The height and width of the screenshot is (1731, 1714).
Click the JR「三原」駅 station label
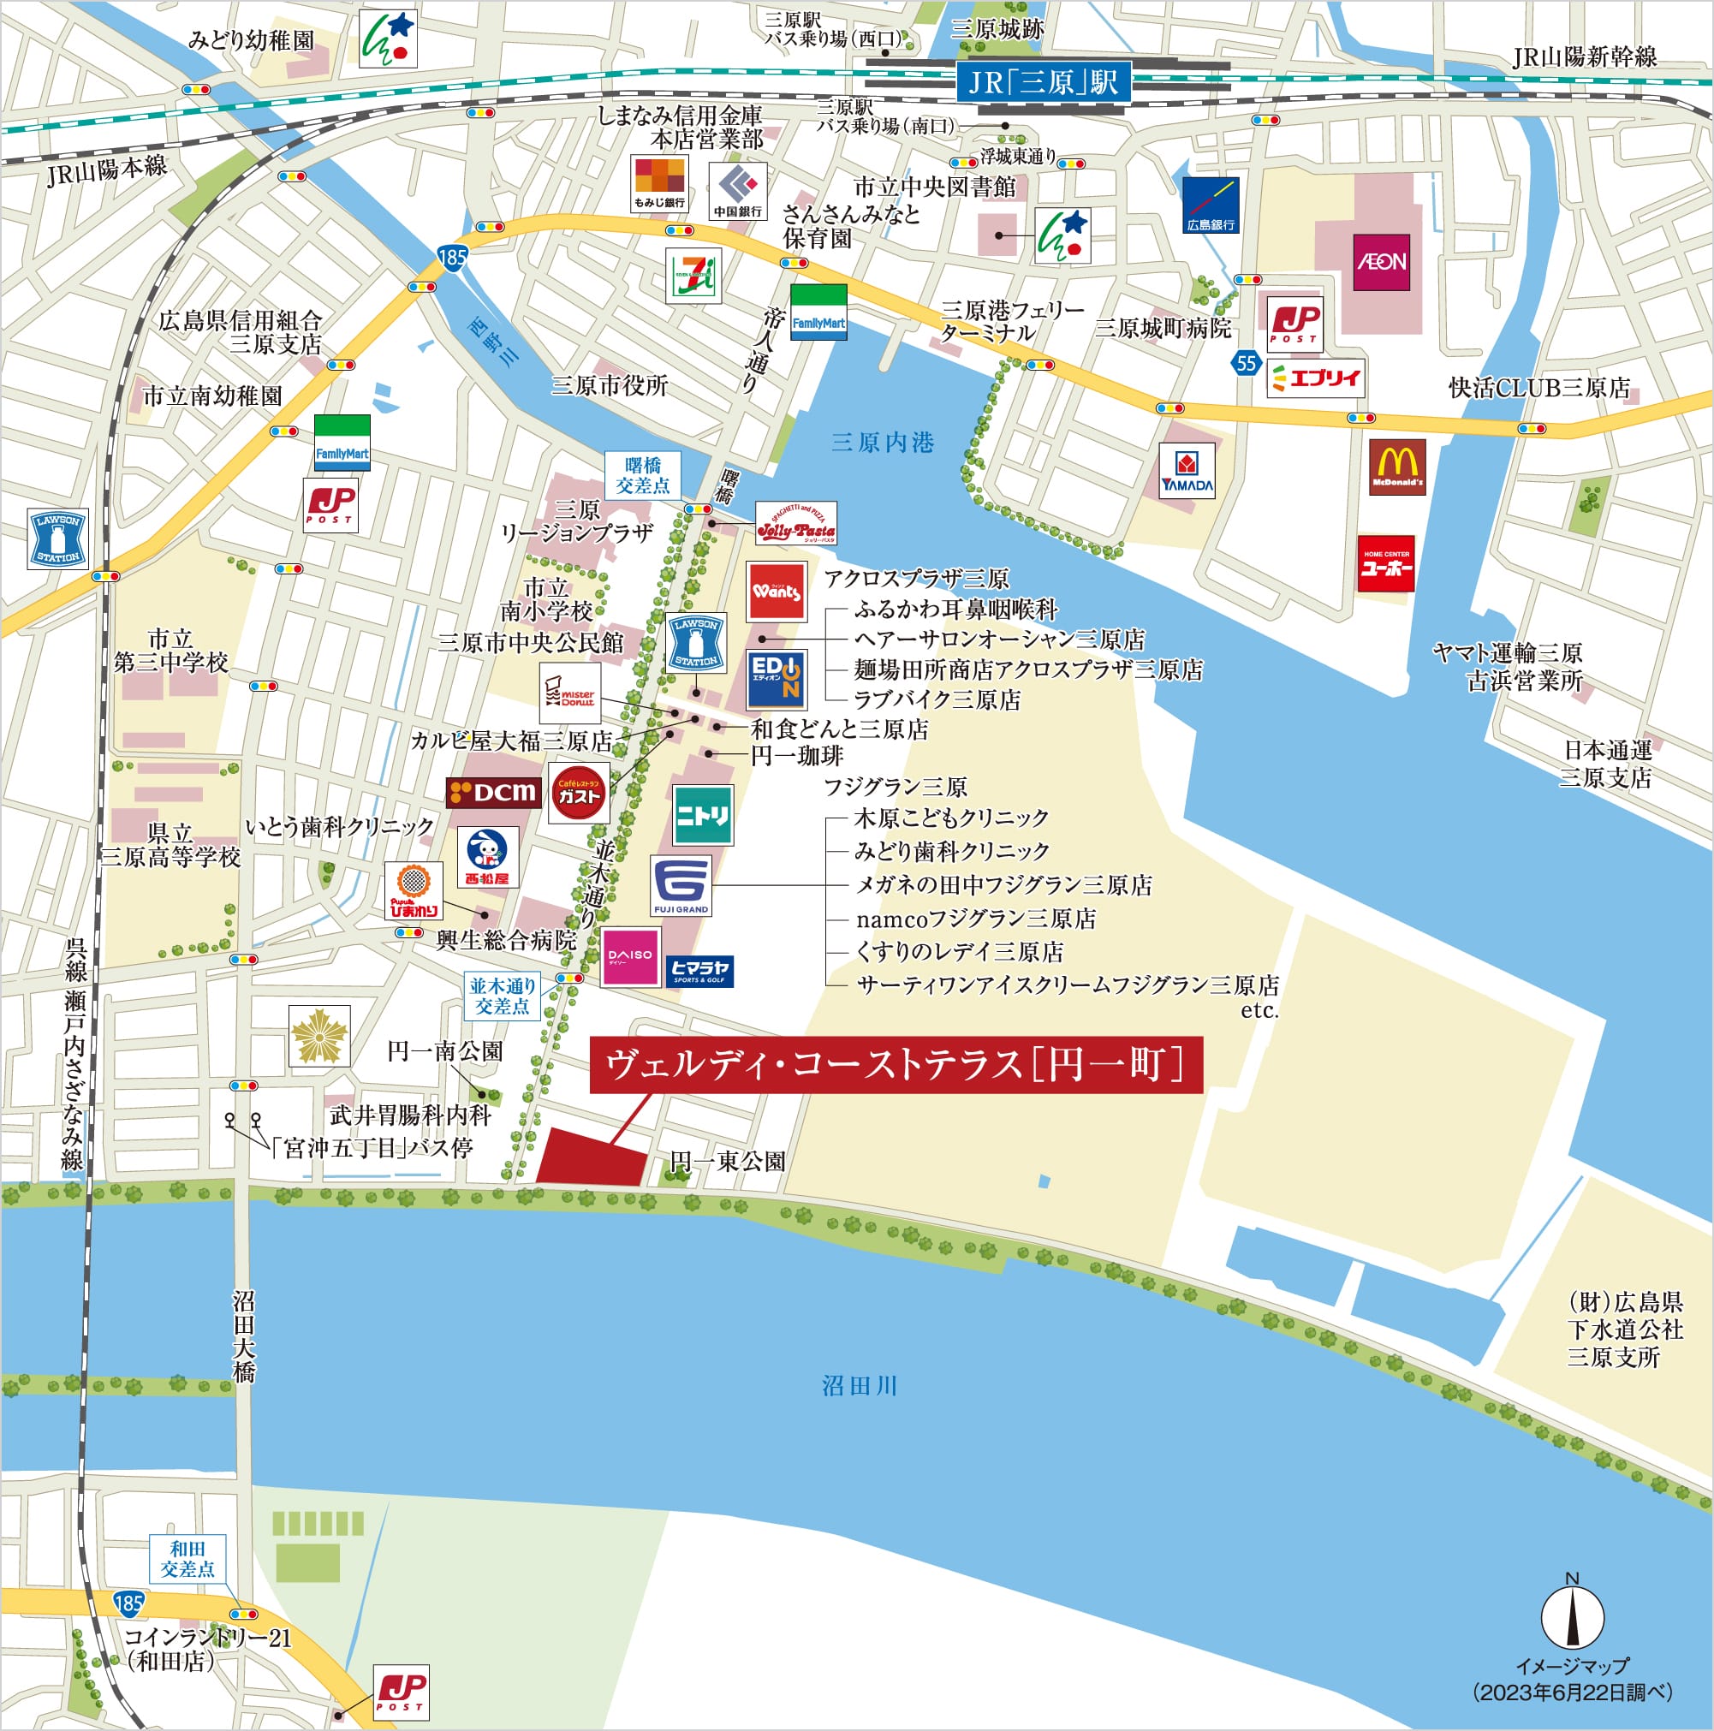[1043, 83]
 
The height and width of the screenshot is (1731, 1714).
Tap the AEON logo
[1381, 262]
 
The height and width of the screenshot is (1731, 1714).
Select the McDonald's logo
[1397, 467]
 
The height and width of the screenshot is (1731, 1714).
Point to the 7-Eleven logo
[693, 275]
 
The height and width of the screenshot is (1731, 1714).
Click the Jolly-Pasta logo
[795, 523]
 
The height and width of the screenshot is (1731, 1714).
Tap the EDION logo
[777, 679]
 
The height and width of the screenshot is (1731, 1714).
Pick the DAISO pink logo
[630, 957]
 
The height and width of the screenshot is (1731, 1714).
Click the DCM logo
[494, 792]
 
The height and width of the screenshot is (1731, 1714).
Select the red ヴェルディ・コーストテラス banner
[895, 1065]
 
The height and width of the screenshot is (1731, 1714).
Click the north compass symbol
[1572, 1616]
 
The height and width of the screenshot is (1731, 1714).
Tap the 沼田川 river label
[859, 1386]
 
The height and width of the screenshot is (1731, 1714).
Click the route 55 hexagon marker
[1246, 363]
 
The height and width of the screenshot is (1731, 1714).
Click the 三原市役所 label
[610, 386]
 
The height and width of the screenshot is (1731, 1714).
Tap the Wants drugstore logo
[776, 592]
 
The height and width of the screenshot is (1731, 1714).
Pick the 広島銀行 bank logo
[1210, 205]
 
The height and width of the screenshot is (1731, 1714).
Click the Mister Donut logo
[571, 693]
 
